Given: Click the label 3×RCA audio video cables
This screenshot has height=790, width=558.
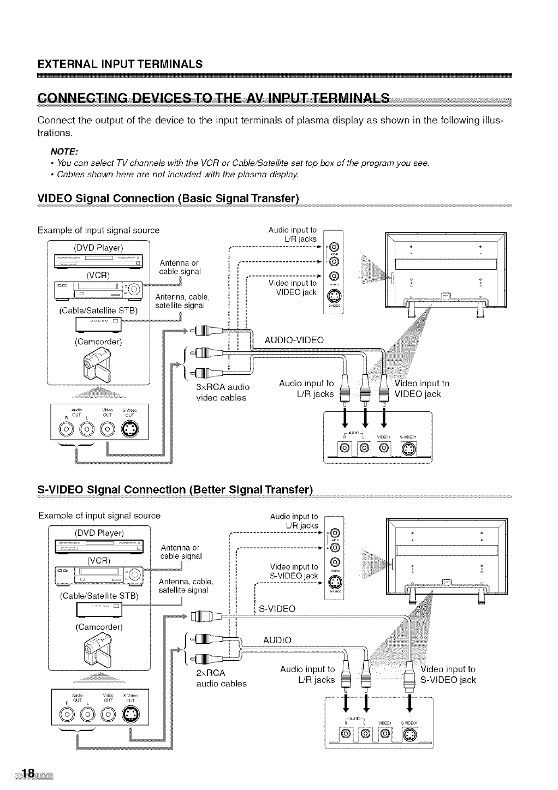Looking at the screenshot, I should (x=222, y=392).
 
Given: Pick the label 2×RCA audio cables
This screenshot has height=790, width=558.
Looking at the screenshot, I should (x=221, y=677).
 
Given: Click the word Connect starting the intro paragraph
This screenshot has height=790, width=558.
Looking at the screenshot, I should (x=56, y=120).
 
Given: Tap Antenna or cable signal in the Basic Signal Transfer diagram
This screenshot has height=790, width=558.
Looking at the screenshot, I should (x=180, y=267).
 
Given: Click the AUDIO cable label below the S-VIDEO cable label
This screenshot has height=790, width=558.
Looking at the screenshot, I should (x=277, y=639).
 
